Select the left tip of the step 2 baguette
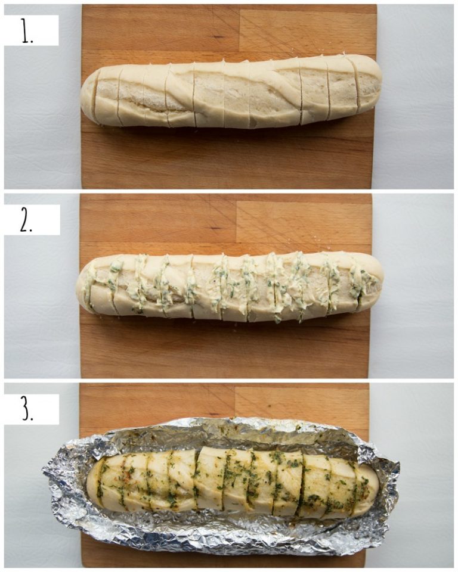pyautogui.click(x=78, y=288)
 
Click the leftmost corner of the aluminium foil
pyautogui.click(x=44, y=471)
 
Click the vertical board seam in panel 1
pyautogui.click(x=239, y=30)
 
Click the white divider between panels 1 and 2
pyautogui.click(x=229, y=191)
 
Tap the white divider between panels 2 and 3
pyautogui.click(x=229, y=380)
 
